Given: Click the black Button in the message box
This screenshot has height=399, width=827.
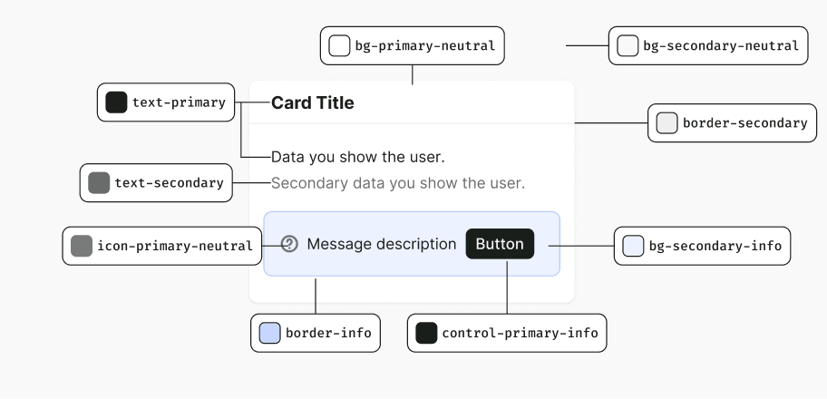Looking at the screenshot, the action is (500, 244).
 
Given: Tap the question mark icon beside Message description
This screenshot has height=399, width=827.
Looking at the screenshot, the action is (289, 244).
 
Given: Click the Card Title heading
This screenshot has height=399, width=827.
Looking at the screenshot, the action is (312, 102).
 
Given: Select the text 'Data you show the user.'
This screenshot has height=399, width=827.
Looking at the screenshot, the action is (358, 157).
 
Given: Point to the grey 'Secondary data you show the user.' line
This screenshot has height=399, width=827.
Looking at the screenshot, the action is (398, 183).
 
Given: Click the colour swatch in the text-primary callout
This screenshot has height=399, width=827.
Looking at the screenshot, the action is (117, 102).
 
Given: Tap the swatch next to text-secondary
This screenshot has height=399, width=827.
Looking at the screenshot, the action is (99, 182).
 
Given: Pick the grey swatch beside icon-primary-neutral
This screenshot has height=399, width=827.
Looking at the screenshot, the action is (82, 246).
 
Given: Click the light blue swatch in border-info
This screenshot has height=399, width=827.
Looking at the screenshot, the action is (269, 333).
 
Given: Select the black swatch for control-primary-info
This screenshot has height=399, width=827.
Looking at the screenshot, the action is (426, 333).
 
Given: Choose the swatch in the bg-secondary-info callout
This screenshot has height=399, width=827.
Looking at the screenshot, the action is (633, 246).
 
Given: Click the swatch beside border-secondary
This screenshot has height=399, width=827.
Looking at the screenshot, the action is (666, 123).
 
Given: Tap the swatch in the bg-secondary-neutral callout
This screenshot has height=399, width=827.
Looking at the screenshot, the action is (628, 46).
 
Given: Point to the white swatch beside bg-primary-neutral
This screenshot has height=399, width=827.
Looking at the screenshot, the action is (339, 46).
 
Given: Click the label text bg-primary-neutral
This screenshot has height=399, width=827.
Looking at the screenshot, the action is (425, 46).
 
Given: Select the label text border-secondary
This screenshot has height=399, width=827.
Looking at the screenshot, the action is (745, 123).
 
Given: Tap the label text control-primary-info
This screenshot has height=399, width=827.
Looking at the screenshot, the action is (520, 333).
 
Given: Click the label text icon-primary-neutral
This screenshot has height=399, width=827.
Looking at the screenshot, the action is (175, 246).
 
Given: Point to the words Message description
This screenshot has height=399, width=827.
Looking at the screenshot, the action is (382, 244).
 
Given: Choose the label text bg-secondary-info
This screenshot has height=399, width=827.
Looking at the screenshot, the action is (715, 246).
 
